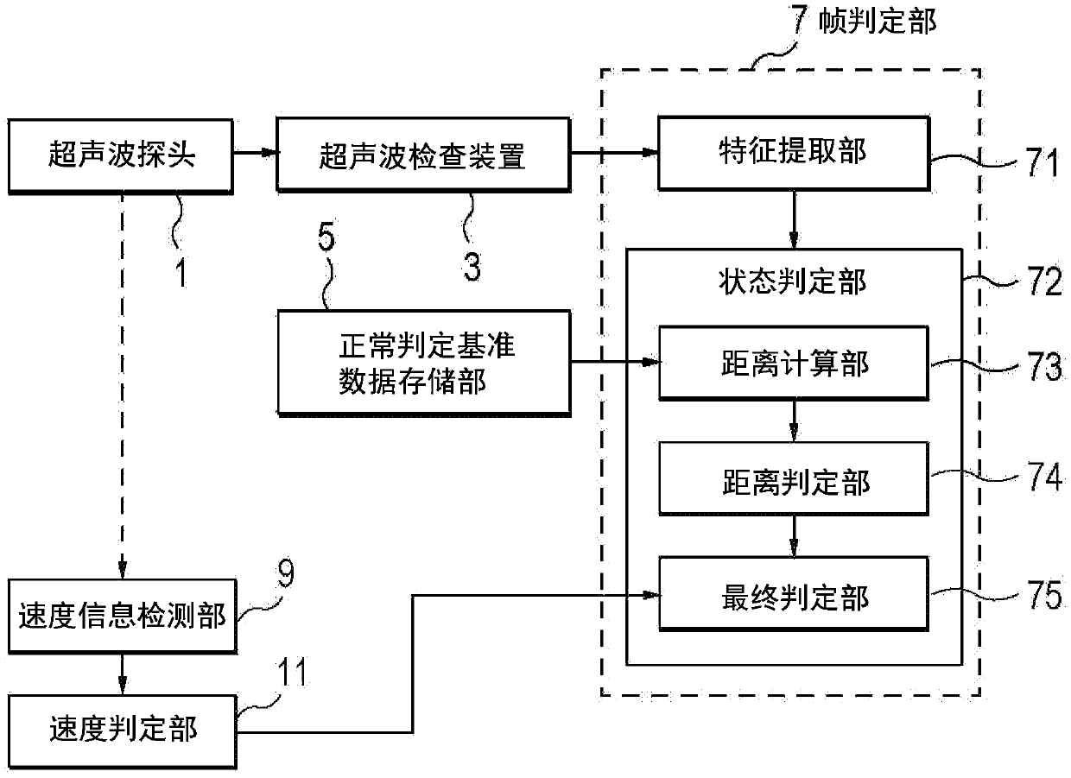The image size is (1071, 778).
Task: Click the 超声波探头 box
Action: [x=121, y=156]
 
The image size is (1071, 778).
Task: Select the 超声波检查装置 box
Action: [x=423, y=155]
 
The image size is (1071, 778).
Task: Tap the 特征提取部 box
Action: [x=794, y=154]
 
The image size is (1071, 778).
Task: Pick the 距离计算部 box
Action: [x=794, y=364]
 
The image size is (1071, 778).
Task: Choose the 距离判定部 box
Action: [x=794, y=478]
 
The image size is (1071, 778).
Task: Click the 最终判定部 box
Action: [x=794, y=593]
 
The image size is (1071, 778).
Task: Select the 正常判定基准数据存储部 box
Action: [x=424, y=364]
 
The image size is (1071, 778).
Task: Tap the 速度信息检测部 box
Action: [x=123, y=616]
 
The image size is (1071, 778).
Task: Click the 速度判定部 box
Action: [x=123, y=731]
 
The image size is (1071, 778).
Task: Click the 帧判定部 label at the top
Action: [x=878, y=22]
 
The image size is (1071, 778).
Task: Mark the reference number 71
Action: [x=1042, y=162]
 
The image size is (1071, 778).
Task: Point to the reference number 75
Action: [x=1045, y=595]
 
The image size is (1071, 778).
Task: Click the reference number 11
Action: [x=293, y=672]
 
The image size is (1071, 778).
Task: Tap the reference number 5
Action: [x=326, y=236]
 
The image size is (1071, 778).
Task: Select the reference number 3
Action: [x=472, y=267]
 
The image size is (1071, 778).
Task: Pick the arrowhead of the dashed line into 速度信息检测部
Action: [x=123, y=571]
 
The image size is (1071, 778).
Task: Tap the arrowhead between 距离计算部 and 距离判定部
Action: [x=794, y=433]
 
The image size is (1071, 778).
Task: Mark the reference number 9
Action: [x=286, y=573]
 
